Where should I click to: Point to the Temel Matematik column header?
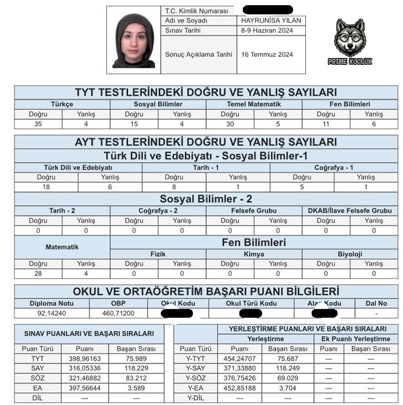254,104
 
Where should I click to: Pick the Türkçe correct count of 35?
38,124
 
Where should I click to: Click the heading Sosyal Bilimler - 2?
206,199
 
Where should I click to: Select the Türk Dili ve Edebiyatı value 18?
46,187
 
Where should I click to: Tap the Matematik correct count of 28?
38,273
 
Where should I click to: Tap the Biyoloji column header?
350,253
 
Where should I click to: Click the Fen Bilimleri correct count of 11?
326,124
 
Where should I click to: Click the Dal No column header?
376,303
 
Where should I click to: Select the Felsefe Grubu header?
254,211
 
